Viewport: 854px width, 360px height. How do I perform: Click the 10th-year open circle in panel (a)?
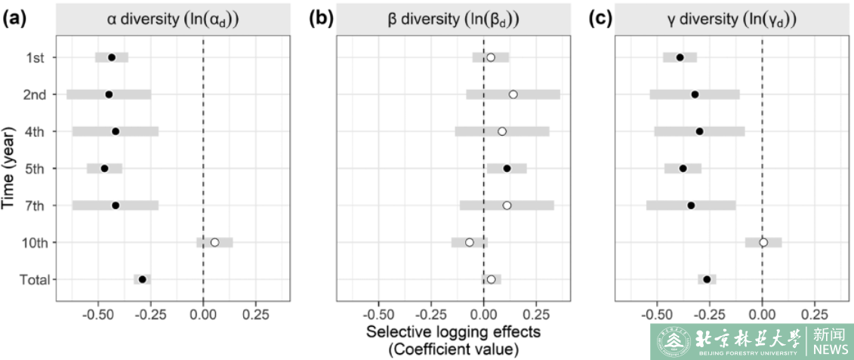click(214, 242)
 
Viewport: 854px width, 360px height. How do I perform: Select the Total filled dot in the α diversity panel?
click(143, 279)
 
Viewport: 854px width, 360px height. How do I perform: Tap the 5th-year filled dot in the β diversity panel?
click(507, 168)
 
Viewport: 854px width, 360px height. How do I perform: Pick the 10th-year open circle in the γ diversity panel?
click(763, 242)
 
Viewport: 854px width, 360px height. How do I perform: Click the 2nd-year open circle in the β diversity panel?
click(513, 94)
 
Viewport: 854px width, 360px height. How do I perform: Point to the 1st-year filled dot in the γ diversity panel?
click(680, 57)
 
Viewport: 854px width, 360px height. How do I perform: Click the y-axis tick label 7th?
click(35, 205)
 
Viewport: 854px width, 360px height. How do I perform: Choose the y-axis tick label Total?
click(33, 279)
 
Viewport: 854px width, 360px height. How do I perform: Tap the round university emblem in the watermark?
click(669, 342)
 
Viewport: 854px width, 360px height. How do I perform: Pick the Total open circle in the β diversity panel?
click(491, 279)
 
